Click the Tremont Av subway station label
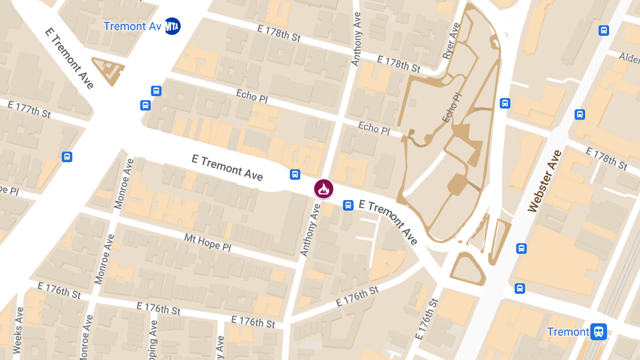tap(132, 26)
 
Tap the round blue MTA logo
tap(172, 26)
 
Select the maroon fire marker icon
tap(324, 188)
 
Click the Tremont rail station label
tap(568, 332)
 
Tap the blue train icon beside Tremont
tap(599, 332)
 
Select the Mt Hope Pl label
tap(207, 243)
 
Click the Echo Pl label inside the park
tap(452, 106)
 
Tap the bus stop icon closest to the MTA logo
tap(156, 91)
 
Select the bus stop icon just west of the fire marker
tap(294, 174)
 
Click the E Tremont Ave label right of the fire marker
tap(389, 221)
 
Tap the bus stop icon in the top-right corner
tap(604, 30)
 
